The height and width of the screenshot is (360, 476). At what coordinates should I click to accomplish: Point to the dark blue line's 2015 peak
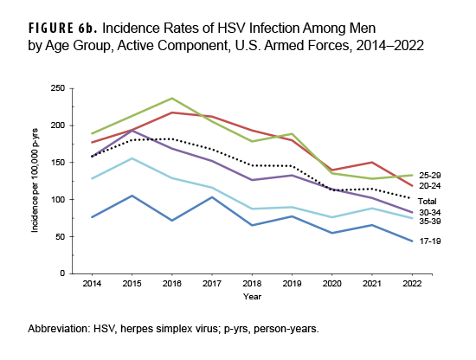131,196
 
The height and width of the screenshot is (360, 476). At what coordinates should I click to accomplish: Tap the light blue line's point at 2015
131,158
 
